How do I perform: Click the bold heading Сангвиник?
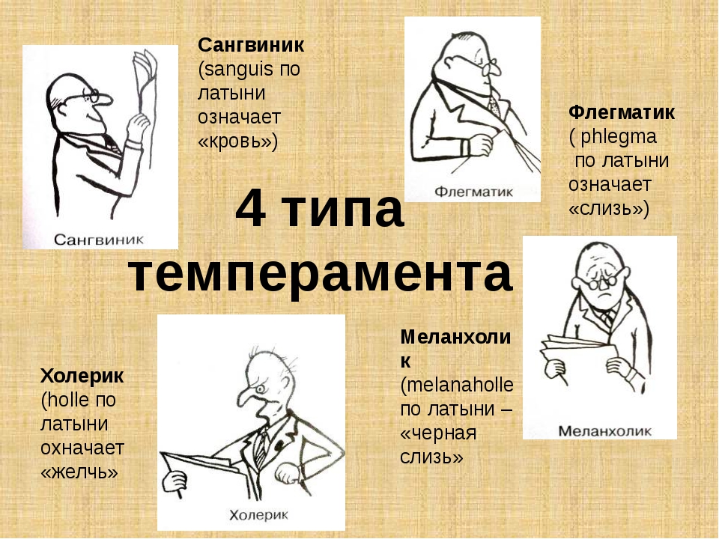point(251,45)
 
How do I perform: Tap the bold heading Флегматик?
point(622,112)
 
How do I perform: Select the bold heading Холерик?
point(82,377)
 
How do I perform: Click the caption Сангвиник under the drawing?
point(99,240)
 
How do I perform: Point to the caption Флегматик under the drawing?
point(473,192)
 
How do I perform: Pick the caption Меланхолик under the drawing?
point(604,431)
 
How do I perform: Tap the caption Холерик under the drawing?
point(258,515)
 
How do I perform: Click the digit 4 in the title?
point(252,209)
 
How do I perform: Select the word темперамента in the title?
point(320,274)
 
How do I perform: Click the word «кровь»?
point(237,141)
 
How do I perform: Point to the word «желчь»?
point(79,472)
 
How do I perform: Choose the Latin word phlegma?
point(619,137)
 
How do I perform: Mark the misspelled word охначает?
point(82,448)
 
